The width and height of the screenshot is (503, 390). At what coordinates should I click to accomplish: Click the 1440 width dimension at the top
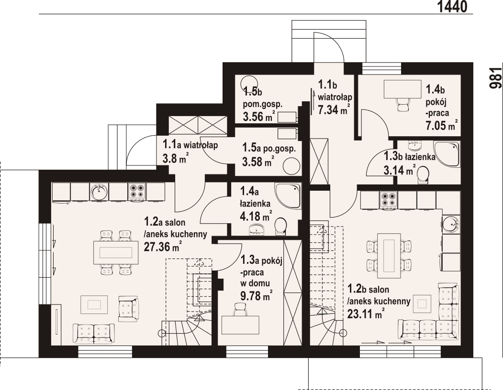(x=452, y=6)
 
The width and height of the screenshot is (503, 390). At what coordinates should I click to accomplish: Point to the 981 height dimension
(x=496, y=78)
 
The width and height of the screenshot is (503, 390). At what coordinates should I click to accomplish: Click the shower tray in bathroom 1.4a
(x=288, y=196)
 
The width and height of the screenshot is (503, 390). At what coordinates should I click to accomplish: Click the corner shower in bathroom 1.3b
(x=447, y=154)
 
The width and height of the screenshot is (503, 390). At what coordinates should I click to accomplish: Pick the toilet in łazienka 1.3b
(x=424, y=175)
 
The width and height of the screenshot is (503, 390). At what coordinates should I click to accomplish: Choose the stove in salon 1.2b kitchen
(x=388, y=199)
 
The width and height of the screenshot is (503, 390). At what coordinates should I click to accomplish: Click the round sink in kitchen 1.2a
(x=99, y=192)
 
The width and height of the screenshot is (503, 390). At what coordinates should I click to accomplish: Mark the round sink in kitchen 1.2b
(x=451, y=224)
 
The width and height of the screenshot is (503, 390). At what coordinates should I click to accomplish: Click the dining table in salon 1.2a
(x=116, y=252)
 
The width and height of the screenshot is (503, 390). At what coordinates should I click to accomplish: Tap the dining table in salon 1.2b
(x=389, y=256)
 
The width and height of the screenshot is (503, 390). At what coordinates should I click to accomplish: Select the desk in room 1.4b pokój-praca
(x=402, y=89)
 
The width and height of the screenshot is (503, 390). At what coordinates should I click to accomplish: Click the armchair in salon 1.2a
(x=128, y=309)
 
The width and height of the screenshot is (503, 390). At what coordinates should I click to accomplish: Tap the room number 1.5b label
(x=253, y=92)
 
